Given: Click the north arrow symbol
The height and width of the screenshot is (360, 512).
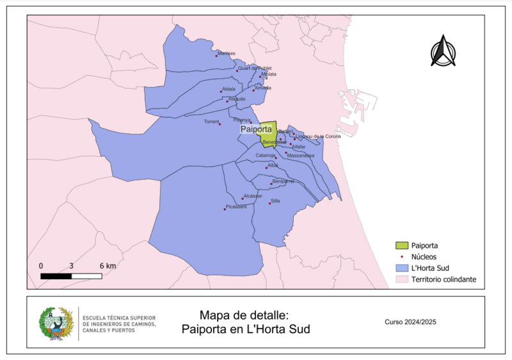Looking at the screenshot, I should point(442,51).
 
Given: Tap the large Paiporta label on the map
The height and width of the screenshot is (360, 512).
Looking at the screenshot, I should point(255,129).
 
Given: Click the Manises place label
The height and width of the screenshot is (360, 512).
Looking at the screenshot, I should point(227,53).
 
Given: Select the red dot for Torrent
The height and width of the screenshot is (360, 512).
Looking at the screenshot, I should point(220,124).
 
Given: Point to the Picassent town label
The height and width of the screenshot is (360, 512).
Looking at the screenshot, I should point(236,206).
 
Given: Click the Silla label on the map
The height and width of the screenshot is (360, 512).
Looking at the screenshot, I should point(276,200).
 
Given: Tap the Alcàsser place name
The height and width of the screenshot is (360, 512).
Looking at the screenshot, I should point(253,196).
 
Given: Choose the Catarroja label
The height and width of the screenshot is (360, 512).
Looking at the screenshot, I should point(266,155).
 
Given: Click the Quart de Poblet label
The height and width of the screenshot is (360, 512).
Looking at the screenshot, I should point(255,68).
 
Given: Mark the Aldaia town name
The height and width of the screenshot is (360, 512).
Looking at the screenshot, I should point(228,88).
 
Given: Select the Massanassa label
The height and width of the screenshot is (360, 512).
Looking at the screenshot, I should point(301,155).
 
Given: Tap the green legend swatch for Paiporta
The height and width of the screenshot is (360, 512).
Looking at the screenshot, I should point(401,245).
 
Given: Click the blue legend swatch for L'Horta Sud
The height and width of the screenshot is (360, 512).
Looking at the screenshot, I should point(401,268).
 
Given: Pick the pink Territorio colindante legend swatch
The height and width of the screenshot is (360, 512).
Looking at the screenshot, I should point(401,279).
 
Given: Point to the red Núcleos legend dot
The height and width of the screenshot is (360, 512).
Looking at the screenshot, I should point(401,256).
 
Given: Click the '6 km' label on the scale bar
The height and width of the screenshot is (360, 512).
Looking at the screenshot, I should point(108,265).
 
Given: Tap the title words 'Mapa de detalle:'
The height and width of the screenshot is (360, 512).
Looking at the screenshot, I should point(244,315).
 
